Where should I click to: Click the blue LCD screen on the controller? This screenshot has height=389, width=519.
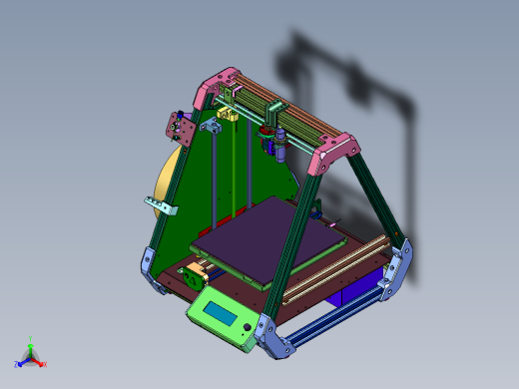221,317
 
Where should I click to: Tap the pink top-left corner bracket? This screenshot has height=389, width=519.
218,86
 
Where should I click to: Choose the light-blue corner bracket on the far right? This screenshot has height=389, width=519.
397,267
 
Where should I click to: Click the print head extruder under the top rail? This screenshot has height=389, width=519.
275,139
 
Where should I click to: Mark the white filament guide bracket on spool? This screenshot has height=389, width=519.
162,206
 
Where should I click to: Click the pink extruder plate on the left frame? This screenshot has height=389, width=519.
180,129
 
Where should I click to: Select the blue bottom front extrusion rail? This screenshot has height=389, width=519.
329,317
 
